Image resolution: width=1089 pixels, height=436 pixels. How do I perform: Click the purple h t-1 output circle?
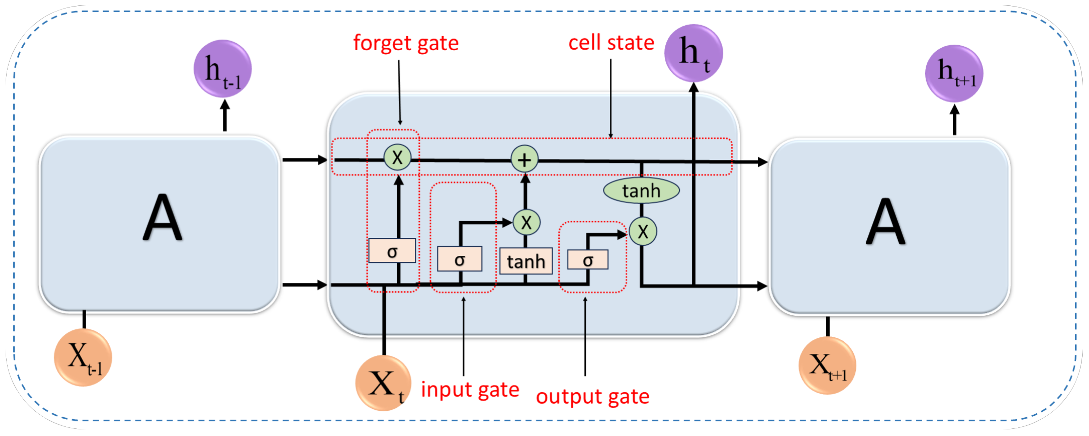click(222, 69)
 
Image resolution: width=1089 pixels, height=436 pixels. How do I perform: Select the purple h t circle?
click(693, 53)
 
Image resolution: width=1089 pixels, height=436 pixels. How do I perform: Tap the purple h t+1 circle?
click(954, 74)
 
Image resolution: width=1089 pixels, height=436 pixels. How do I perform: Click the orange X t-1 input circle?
click(83, 357)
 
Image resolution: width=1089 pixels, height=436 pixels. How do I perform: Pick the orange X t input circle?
click(383, 383)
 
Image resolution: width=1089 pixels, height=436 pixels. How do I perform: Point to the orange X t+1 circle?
click(827, 365)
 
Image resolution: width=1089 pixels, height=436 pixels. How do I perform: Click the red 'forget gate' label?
click(406, 43)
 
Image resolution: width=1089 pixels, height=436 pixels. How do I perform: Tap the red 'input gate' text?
click(470, 389)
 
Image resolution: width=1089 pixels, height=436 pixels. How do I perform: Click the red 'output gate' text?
click(592, 396)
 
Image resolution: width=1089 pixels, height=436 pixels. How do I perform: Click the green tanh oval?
click(641, 190)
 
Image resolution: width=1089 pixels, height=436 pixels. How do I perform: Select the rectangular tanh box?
click(526, 261)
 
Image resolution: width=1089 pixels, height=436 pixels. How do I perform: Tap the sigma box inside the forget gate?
click(392, 251)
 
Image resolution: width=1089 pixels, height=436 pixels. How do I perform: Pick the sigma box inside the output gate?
click(588, 260)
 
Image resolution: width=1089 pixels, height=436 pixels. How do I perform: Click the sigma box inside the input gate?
click(459, 258)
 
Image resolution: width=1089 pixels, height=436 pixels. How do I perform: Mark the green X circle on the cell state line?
click(397, 157)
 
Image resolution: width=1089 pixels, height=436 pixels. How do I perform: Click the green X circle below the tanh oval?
click(643, 231)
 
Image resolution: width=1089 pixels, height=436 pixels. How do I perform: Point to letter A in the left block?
click(162, 218)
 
